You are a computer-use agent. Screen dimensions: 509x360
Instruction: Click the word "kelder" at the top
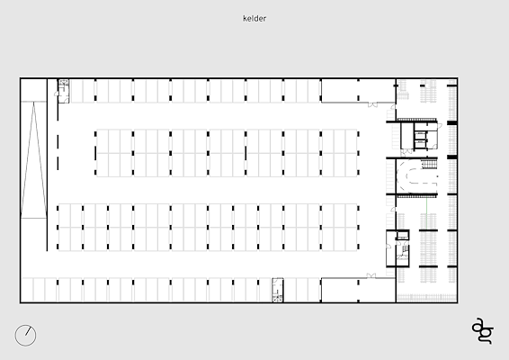tap(254, 19)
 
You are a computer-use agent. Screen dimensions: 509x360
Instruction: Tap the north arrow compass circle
tap(26, 336)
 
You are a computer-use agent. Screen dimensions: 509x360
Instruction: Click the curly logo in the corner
tap(483, 330)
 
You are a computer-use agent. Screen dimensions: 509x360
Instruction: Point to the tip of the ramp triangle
tap(33, 103)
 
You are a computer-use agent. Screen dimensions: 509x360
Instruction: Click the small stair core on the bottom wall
tap(278, 290)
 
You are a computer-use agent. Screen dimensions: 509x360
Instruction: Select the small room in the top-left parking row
tap(64, 91)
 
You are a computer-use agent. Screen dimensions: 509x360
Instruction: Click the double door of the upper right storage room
tap(372, 104)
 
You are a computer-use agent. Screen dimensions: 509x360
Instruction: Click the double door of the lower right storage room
tap(371, 275)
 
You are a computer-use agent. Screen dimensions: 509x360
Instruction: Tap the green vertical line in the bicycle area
tap(426, 212)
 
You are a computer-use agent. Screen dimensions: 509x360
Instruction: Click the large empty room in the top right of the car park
tap(358, 91)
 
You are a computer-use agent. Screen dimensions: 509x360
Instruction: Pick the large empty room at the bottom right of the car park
tap(358, 290)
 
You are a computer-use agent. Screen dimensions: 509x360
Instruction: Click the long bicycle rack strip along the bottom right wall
tap(427, 298)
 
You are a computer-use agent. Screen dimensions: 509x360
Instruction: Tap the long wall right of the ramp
tap(47, 165)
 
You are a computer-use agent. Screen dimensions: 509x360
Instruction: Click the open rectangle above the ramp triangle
tap(33, 90)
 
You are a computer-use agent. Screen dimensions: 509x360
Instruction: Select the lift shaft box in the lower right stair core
tap(403, 235)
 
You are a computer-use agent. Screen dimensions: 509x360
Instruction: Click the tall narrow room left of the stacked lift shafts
tap(407, 136)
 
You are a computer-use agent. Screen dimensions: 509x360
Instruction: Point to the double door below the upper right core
tap(406, 151)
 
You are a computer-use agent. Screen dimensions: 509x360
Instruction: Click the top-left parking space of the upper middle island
tap(103, 141)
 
